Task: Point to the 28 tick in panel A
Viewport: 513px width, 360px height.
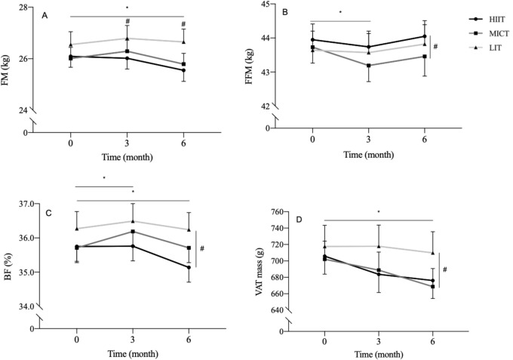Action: (24, 7)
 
